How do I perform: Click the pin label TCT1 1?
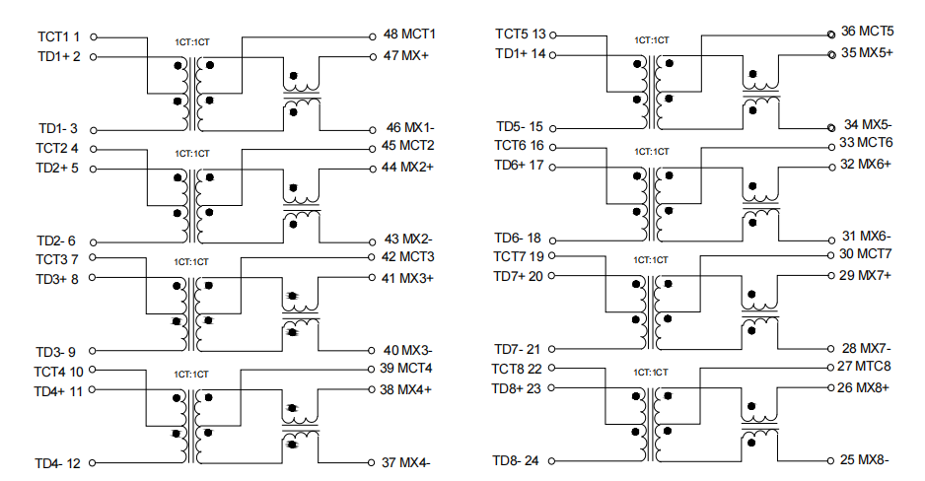pyautogui.click(x=58, y=36)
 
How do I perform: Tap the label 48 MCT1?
pyautogui.click(x=409, y=34)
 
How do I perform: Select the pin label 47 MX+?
pyautogui.click(x=406, y=55)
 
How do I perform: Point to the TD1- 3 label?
pyautogui.click(x=58, y=128)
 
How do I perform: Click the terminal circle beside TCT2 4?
pyautogui.click(x=94, y=149)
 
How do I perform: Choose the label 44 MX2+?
pyautogui.click(x=407, y=167)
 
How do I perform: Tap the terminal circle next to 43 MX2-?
pyautogui.click(x=372, y=241)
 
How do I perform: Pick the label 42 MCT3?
pyautogui.click(x=407, y=257)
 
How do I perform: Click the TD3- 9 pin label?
pyautogui.click(x=55, y=352)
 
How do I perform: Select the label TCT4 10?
pyautogui.click(x=58, y=372)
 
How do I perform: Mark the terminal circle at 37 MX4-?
pyautogui.click(x=372, y=462)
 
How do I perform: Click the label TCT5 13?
pyautogui.click(x=521, y=34)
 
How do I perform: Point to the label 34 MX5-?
pyautogui.click(x=868, y=124)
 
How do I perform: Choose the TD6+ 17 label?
pyautogui.click(x=519, y=165)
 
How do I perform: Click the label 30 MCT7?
pyautogui.click(x=866, y=254)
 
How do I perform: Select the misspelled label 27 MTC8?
pyautogui.click(x=864, y=366)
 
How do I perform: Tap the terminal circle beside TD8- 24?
pyautogui.click(x=551, y=461)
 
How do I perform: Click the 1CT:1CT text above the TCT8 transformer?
pyautogui.click(x=651, y=373)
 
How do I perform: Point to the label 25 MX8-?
pyautogui.click(x=864, y=459)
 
